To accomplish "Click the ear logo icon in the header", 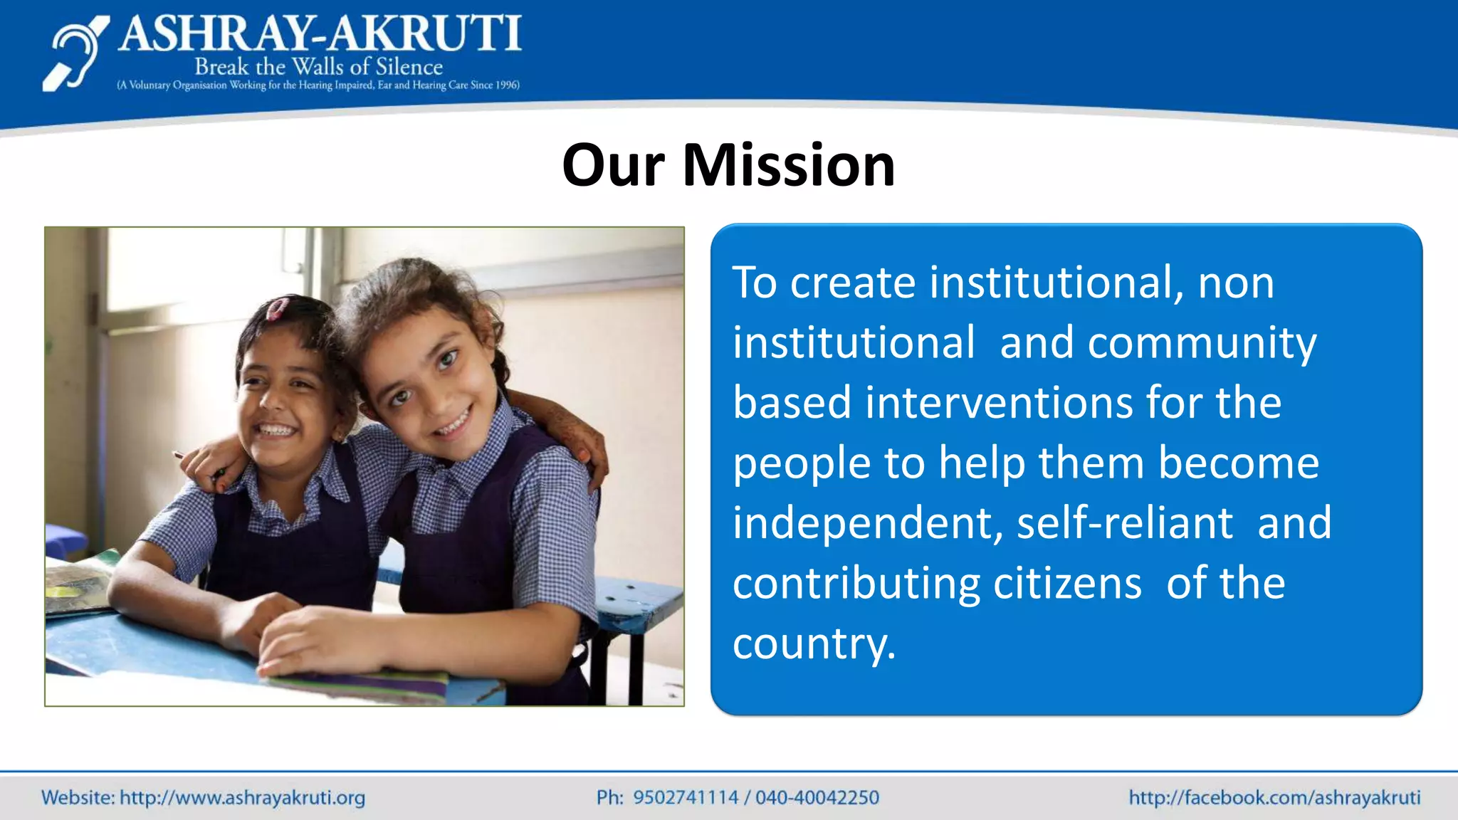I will tap(75, 54).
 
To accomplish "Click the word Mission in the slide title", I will tap(788, 165).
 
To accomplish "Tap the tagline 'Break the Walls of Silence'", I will tap(318, 67).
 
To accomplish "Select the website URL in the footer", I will tap(242, 797).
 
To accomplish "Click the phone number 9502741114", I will tap(686, 797).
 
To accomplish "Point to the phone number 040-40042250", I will tap(817, 797).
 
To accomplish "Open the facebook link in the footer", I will tap(1274, 797).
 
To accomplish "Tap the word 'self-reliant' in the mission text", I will tap(1124, 523).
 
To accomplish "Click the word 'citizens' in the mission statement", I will tap(1067, 584).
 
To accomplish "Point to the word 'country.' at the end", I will tap(814, 643).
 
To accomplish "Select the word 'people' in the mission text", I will tap(802, 463).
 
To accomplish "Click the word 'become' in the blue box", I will tap(1238, 463).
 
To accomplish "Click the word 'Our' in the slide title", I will tap(613, 165).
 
